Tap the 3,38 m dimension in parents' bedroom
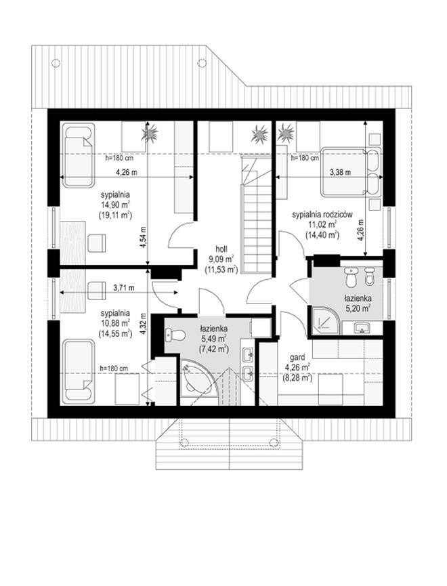click(340, 172)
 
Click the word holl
click(221, 249)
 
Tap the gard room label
click(299, 358)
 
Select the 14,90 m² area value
click(115, 205)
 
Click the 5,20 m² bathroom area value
click(358, 308)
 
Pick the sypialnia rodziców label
click(322, 215)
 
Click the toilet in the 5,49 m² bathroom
click(175, 335)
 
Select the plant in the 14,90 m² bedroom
click(150, 133)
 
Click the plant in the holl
click(259, 133)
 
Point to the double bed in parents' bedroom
click(351, 171)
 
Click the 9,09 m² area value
click(221, 257)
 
